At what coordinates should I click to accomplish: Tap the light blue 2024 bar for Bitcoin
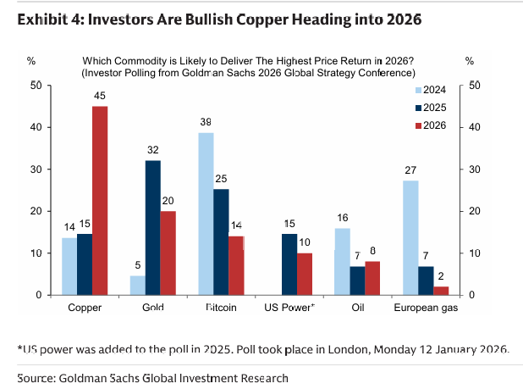pyautogui.click(x=206, y=214)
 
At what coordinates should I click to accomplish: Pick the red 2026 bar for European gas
pyautogui.click(x=441, y=291)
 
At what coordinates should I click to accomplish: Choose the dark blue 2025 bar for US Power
pyautogui.click(x=289, y=264)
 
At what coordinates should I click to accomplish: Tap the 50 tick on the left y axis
pyautogui.click(x=35, y=86)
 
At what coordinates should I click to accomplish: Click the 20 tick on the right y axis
pyautogui.click(x=474, y=211)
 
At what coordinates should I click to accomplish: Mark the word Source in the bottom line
pyautogui.click(x=36, y=378)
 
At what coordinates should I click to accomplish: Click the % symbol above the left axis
pyautogui.click(x=31, y=61)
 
